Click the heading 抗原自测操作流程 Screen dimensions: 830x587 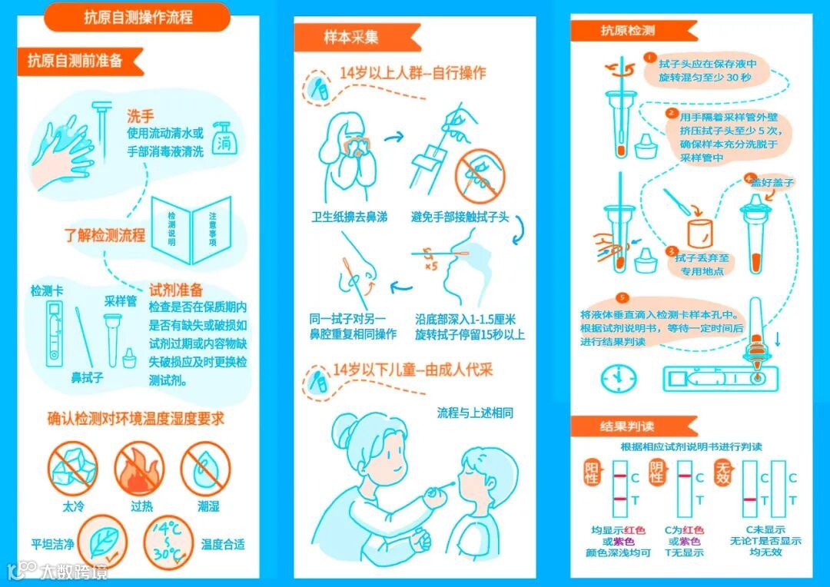click(x=138, y=18)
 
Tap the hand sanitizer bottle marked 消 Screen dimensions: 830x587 click(x=225, y=139)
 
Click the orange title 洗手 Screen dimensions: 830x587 click(x=141, y=116)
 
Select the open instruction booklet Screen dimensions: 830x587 click(x=191, y=230)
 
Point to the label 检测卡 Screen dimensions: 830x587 click(x=47, y=290)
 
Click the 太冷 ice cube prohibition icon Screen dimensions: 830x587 click(x=72, y=469)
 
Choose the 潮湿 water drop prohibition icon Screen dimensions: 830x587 click(x=206, y=469)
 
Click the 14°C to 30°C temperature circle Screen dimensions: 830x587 click(x=169, y=542)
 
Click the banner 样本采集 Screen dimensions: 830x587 click(x=351, y=37)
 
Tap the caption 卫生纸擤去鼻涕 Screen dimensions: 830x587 click(x=350, y=217)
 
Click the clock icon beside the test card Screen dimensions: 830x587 click(x=618, y=378)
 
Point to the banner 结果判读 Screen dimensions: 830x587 click(x=627, y=426)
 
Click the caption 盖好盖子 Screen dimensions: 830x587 click(x=773, y=183)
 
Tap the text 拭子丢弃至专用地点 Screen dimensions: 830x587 click(x=702, y=264)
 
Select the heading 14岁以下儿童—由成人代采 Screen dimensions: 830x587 click(x=413, y=370)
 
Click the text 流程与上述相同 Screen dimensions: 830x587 click(x=475, y=413)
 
